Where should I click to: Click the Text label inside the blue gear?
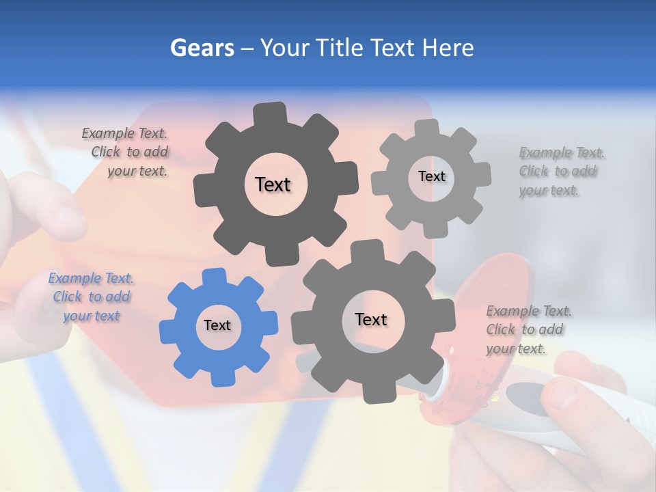[x=217, y=325]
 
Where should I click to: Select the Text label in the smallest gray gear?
[x=431, y=176]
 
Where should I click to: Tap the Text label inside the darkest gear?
[x=273, y=184]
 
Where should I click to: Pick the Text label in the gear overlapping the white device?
[x=371, y=319]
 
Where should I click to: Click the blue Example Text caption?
[x=92, y=297]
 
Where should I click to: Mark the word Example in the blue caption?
[x=73, y=278]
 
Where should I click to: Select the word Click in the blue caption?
[x=68, y=297]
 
